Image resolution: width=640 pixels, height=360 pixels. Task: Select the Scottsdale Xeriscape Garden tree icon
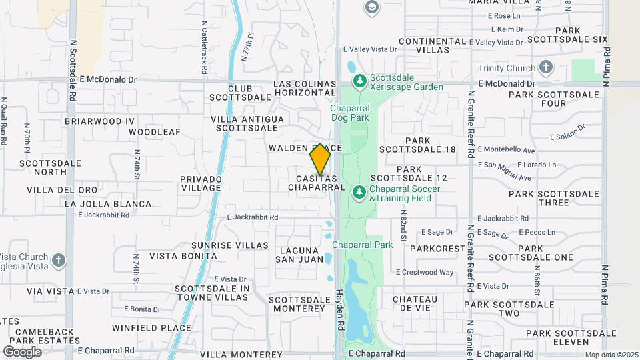pos(360,81)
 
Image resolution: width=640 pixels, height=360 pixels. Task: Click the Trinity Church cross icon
pos(546,68)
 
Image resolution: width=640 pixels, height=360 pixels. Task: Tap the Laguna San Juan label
pos(295,255)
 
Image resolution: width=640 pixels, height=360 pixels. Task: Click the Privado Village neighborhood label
pos(201,183)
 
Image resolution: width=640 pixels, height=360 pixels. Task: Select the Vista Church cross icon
pos(58,260)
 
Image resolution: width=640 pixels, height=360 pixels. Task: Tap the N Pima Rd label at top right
pos(605,58)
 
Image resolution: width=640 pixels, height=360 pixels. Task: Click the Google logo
pos(22,351)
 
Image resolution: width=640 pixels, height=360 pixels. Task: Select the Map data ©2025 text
pos(611,355)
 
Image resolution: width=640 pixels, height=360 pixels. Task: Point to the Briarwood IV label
pos(100,121)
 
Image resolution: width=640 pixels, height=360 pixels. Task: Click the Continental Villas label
pos(432,45)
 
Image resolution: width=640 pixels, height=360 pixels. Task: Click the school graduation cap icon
pos(371,8)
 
